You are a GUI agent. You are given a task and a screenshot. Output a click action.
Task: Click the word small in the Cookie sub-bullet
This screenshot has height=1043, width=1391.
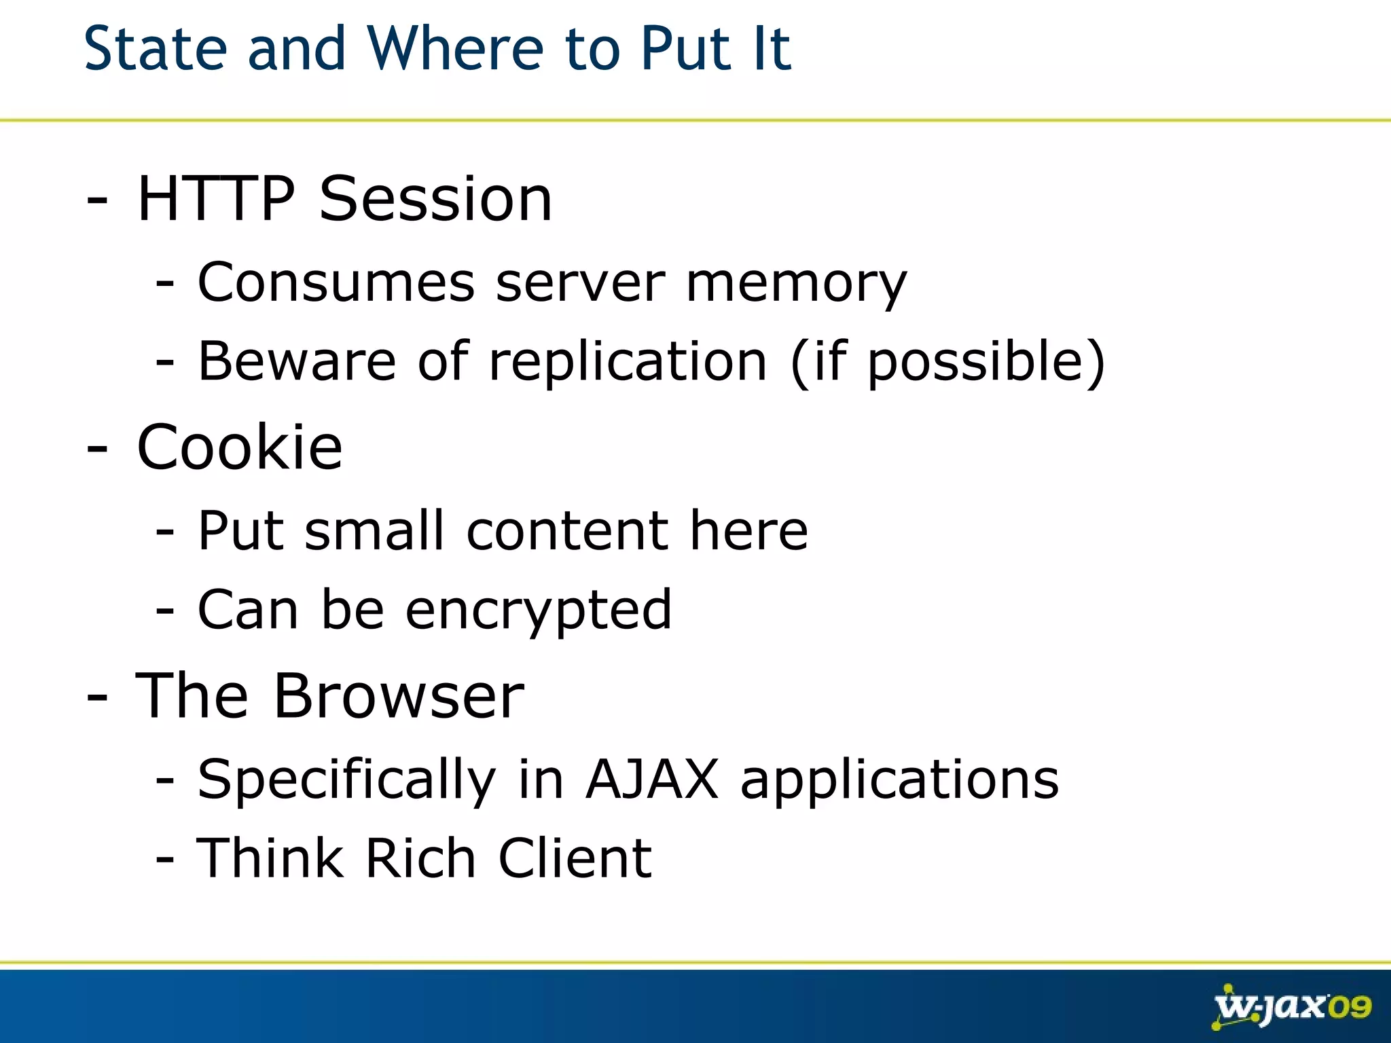pyautogui.click(x=374, y=530)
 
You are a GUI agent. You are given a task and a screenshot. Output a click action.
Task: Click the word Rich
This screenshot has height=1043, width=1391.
pyautogui.click(x=420, y=858)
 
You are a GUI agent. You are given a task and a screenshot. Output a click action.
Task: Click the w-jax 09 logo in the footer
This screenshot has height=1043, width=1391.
pyautogui.click(x=1291, y=1006)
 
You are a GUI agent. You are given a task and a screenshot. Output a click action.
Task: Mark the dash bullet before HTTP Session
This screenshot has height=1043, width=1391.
pyautogui.click(x=97, y=201)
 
